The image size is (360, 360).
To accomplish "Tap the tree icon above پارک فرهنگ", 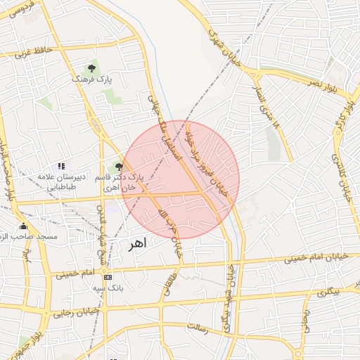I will coord(91,68).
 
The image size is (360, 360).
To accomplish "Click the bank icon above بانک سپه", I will coord(107,276).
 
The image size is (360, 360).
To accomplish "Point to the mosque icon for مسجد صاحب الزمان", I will coord(23,226).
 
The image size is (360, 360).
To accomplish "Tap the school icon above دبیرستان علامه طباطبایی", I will coord(61,167).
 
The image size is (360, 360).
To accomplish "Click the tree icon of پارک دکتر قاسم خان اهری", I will coord(118,167).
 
